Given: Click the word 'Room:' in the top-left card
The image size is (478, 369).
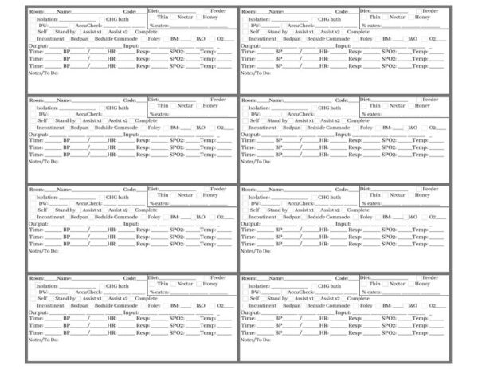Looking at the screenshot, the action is pos(37,12).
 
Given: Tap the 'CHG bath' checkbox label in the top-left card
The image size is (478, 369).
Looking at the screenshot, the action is pos(117,18).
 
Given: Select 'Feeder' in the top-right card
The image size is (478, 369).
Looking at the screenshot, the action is pos(430,10).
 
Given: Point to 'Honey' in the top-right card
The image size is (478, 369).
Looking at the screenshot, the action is pos(421,17).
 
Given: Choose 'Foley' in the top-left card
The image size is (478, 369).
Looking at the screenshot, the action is pos(155,38).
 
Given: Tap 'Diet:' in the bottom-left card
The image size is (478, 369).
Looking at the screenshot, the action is pos(155,277).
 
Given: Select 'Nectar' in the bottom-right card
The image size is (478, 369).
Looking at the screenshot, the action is pos(396,284).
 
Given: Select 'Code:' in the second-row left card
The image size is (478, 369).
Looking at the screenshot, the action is pos(137,101).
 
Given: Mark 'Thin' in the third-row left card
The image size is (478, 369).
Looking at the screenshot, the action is pos(163,194).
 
